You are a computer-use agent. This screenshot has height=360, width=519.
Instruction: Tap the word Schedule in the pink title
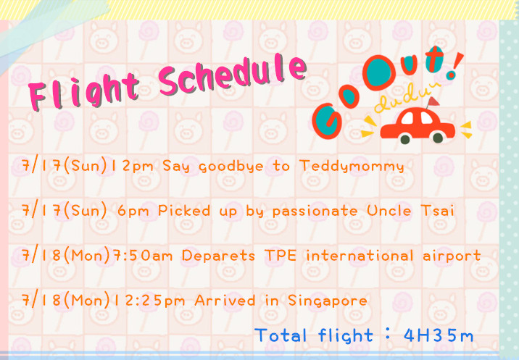pyautogui.click(x=233, y=75)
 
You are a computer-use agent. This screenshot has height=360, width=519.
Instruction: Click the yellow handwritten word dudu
pyautogui.click(x=407, y=99)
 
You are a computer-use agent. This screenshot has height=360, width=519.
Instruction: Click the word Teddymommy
pyautogui.click(x=352, y=166)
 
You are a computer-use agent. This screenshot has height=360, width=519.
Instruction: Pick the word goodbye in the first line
pyautogui.click(x=231, y=166)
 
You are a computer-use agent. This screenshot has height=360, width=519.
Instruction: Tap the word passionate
pyautogui.click(x=315, y=211)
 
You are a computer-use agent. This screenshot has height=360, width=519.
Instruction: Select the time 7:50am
pyautogui.click(x=143, y=256)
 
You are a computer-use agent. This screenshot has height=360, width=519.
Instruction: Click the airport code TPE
pyautogui.click(x=281, y=255)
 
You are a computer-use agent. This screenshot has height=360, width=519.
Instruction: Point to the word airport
pyautogui.click(x=452, y=256)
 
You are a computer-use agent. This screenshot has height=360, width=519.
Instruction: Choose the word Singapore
pyautogui.click(x=328, y=301)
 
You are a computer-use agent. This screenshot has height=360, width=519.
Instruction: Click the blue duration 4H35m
pyautogui.click(x=439, y=335)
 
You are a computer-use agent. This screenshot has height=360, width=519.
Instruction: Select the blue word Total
pyautogui.click(x=281, y=335)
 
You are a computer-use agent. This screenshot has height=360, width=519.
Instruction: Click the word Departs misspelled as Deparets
pyautogui.click(x=218, y=256)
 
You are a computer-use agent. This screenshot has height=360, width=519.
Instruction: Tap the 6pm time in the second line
pyautogui.click(x=133, y=211)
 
